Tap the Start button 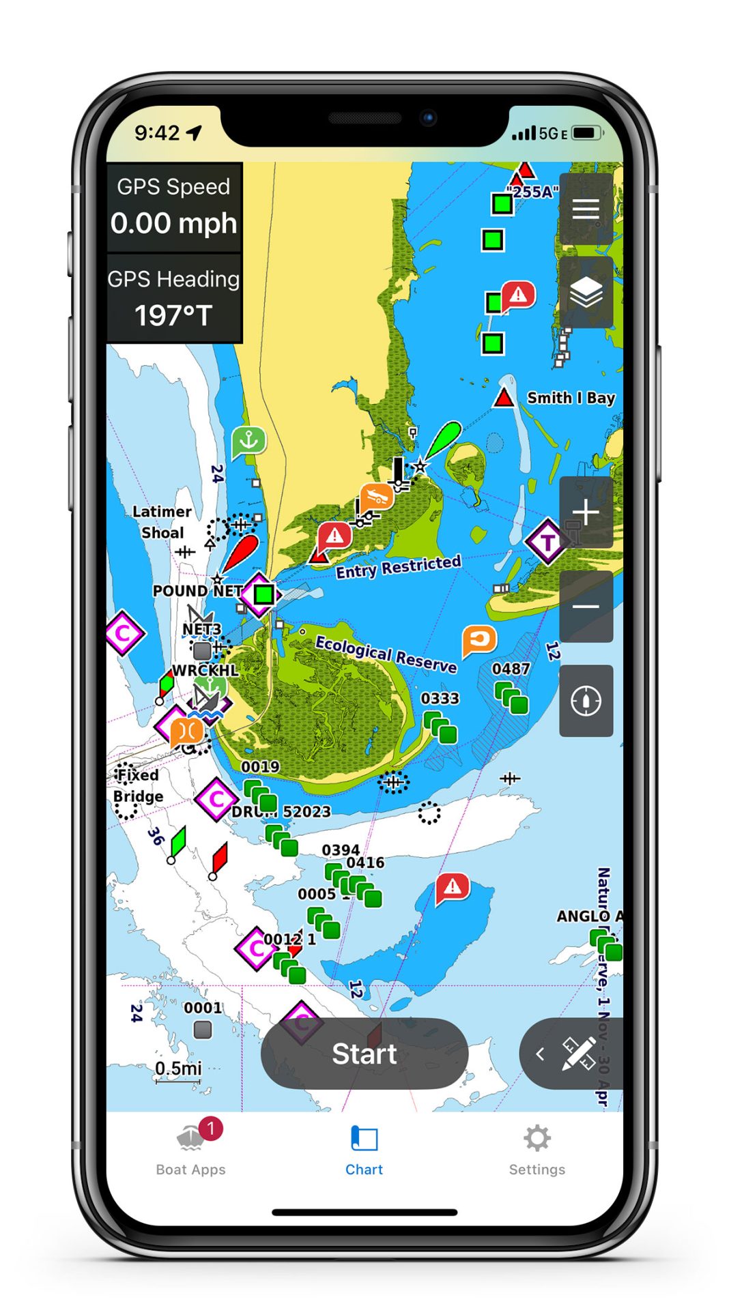[x=364, y=1054]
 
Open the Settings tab [x=537, y=1150]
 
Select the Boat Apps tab [x=190, y=1150]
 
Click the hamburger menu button [x=586, y=209]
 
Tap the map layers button [x=586, y=293]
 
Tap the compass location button [x=586, y=701]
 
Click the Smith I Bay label [x=571, y=398]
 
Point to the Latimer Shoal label [x=162, y=522]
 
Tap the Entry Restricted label [x=398, y=567]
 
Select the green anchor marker [x=248, y=441]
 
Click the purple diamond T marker [x=547, y=542]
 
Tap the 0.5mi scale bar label [x=178, y=1068]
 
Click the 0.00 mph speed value [x=173, y=224]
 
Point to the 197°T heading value [x=173, y=315]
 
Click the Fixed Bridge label [x=138, y=785]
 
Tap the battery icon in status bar [x=586, y=132]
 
